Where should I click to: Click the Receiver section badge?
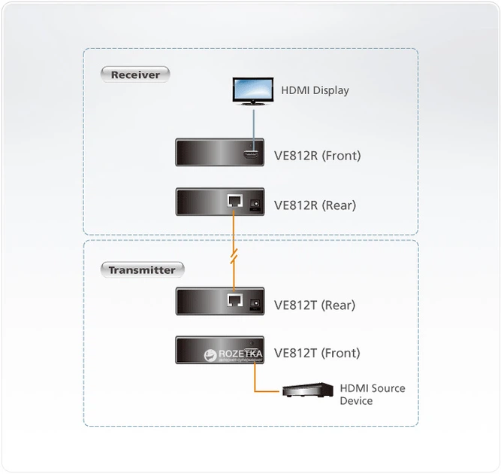point(135,74)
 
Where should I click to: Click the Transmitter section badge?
point(142,269)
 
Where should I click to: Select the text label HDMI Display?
point(315,90)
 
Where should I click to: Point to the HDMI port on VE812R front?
point(251,155)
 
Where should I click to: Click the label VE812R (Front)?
point(317,156)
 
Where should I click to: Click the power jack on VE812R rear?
point(254,203)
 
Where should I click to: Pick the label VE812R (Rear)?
point(315,205)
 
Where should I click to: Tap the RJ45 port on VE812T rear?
point(234,302)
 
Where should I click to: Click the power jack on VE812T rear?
point(254,303)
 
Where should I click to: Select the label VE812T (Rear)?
point(315,305)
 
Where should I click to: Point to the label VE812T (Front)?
point(317,353)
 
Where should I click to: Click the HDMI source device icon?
point(307,390)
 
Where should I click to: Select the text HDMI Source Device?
point(372,394)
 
